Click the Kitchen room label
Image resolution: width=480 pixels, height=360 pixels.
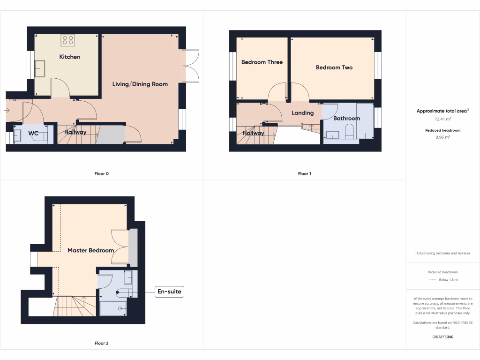coord(69,57)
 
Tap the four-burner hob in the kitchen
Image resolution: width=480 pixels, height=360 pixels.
coord(67,40)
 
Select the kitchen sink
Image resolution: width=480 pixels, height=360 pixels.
coord(39,68)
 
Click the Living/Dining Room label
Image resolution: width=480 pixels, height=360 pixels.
coord(140,84)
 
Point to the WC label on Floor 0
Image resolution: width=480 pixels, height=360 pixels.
coord(33,133)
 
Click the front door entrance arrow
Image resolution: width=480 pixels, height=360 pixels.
coord(7,111)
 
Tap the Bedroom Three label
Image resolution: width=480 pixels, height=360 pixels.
coord(262,62)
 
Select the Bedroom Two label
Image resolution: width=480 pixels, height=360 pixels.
coord(334,67)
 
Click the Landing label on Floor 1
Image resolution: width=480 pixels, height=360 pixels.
coord(302,113)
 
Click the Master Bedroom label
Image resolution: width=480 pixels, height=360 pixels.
coord(90,250)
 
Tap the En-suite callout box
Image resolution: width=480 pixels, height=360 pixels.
coord(169,292)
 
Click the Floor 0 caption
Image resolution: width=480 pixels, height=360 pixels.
coord(101,174)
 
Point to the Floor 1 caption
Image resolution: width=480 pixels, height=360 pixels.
coord(304,174)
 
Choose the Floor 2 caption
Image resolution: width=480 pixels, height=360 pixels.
coord(101,344)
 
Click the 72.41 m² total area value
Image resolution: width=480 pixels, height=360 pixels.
coord(442,120)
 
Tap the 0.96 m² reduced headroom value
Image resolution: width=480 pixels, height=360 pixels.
coord(442,137)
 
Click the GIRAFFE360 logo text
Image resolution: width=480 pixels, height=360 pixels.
coord(442,337)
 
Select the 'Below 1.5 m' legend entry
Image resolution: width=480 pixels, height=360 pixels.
coord(448,280)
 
